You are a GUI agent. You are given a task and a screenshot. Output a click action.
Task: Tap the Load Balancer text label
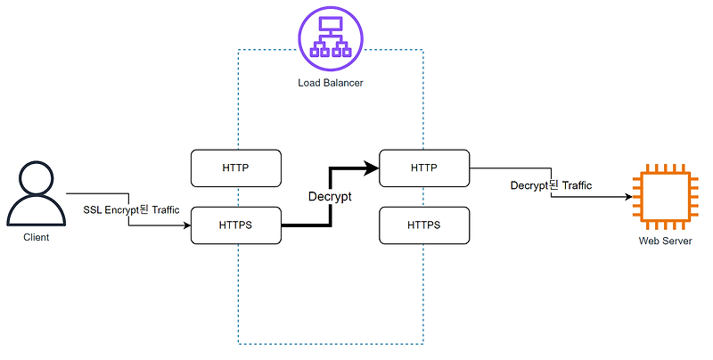331,83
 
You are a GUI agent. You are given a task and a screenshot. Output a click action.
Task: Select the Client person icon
36,193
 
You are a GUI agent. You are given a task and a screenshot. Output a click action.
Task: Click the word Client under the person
36,238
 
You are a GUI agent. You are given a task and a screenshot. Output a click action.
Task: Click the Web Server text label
661,241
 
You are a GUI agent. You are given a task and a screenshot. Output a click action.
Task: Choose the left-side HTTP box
236,168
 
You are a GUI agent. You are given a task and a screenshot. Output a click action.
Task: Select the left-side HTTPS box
236,225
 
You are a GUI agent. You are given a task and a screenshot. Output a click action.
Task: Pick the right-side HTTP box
424,168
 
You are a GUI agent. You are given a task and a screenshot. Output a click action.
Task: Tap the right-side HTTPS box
424,225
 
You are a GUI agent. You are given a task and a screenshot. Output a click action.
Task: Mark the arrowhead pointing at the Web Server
627,197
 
